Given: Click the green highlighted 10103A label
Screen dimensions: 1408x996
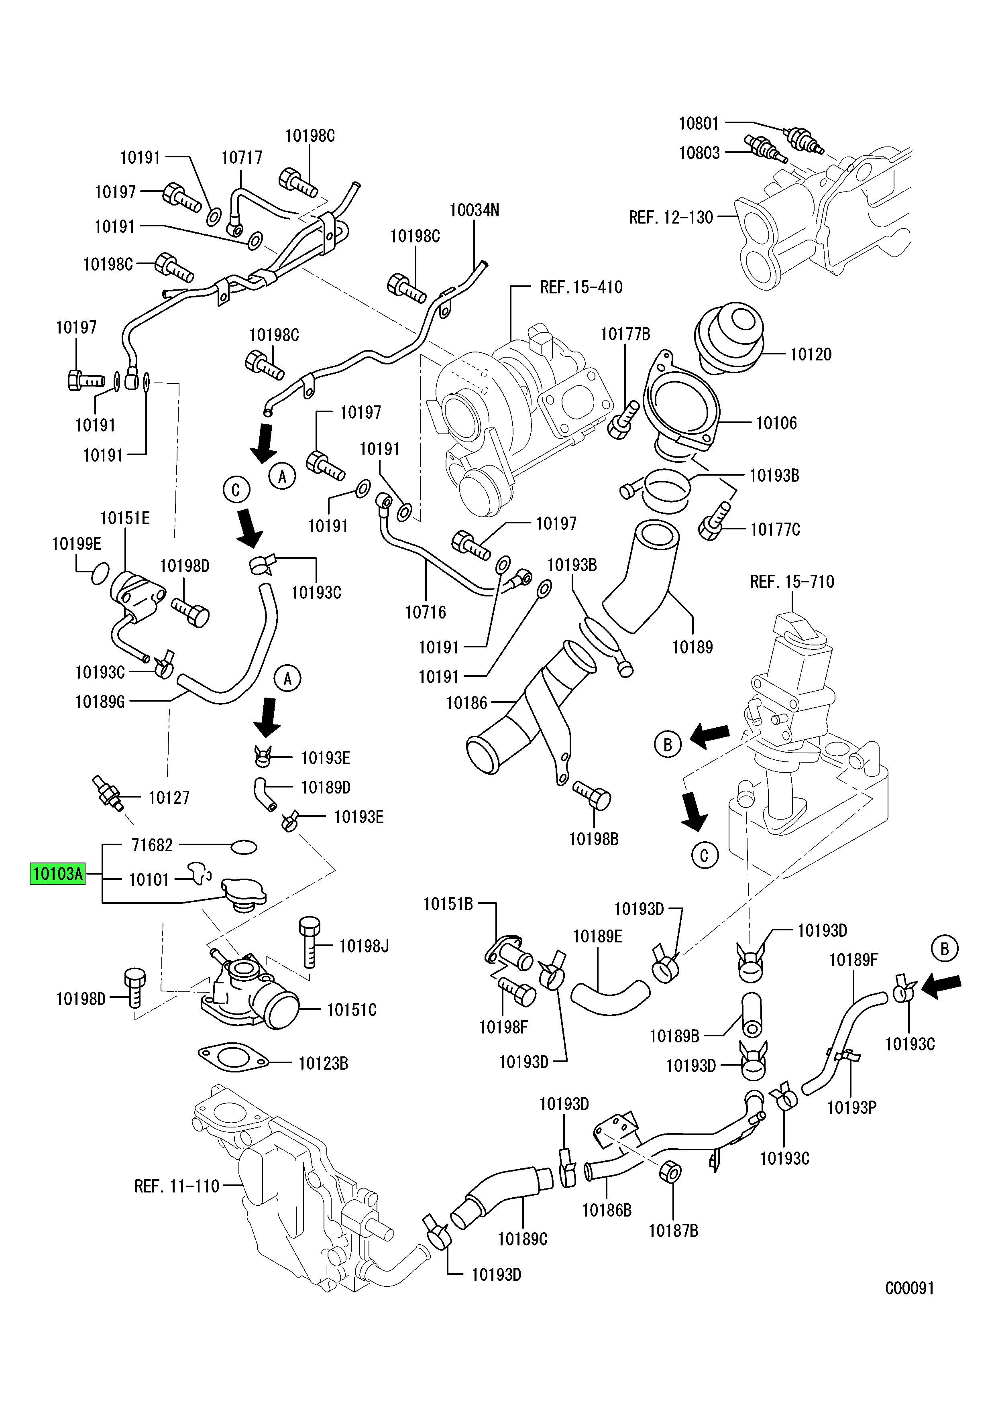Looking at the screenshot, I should click(x=58, y=873).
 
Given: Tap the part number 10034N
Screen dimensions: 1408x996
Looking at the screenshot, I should click(x=474, y=210).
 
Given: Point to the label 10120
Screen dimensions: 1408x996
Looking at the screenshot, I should click(x=811, y=354).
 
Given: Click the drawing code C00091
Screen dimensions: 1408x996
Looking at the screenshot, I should click(x=910, y=1288).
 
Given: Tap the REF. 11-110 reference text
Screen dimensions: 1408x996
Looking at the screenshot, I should click(x=177, y=1186).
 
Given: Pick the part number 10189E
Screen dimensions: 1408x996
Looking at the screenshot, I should click(x=597, y=936).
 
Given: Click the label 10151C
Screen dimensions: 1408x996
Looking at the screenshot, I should click(x=351, y=1009).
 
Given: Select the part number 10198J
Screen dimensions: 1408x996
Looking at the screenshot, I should click(x=364, y=946).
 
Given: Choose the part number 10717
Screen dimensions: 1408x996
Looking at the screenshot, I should click(x=242, y=158).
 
